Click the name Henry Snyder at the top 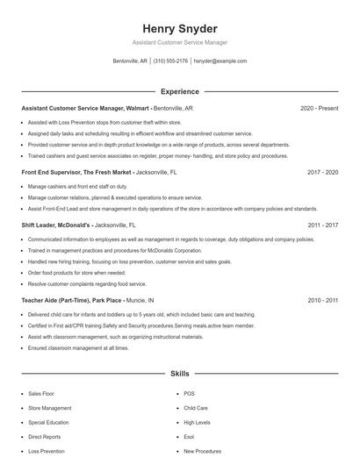pyautogui.click(x=179, y=29)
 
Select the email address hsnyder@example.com pyautogui.click(x=220, y=61)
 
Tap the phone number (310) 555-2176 pyautogui.click(x=170, y=61)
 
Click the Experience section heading pyautogui.click(x=179, y=91)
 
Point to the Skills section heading pyautogui.click(x=179, y=374)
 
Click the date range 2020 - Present pyautogui.click(x=319, y=108)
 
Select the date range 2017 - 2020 pyautogui.click(x=322, y=173)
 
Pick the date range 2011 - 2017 pyautogui.click(x=322, y=225)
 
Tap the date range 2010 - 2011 pyautogui.click(x=322, y=300)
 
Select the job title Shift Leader pyautogui.click(x=42, y=225)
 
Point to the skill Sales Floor pyautogui.click(x=40, y=394)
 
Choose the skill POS pyautogui.click(x=189, y=394)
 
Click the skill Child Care pyautogui.click(x=195, y=408)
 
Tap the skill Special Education pyautogui.click(x=48, y=422)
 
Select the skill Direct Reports pyautogui.click(x=44, y=436)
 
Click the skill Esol pyautogui.click(x=189, y=436)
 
